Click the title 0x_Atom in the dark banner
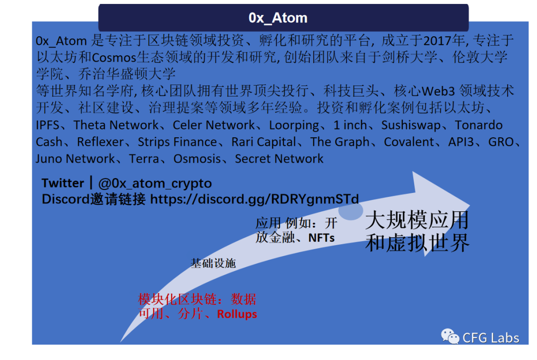coord(278,18)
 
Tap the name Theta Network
coord(116,125)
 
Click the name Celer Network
coord(214,125)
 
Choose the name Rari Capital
coord(264,142)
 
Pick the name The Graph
coord(340,142)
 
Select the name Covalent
coord(409,142)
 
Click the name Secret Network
coord(279,159)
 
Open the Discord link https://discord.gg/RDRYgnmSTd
coord(254,199)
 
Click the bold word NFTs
coord(321,238)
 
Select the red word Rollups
coord(237,314)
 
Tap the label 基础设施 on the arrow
coord(213,264)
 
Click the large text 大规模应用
coord(417,220)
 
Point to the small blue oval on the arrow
coord(351,210)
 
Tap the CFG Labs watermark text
coord(491,338)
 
